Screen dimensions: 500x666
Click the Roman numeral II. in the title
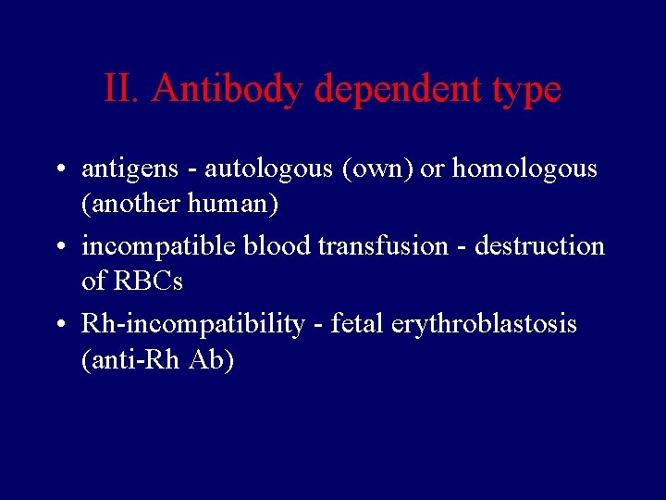tap(123, 89)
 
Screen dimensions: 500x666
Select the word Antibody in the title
tap(228, 90)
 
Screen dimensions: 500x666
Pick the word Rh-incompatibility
tap(192, 325)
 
